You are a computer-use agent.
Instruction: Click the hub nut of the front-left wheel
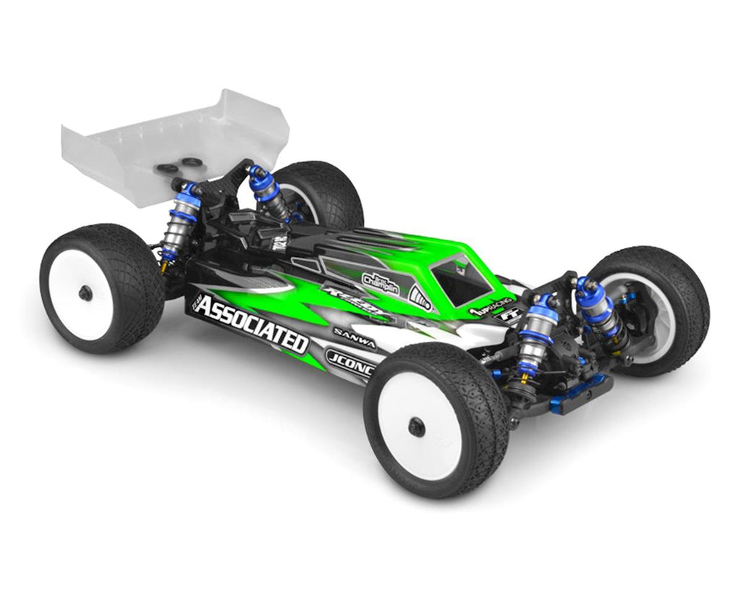pyautogui.click(x=416, y=426)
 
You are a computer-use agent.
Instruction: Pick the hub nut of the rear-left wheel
pyautogui.click(x=85, y=292)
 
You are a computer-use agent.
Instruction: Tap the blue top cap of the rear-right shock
pyautogui.click(x=258, y=174)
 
